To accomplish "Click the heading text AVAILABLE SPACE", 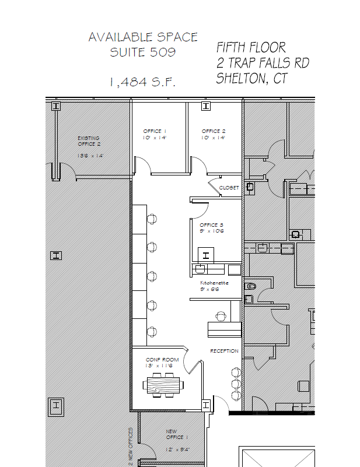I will (x=143, y=37).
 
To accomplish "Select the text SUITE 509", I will (x=143, y=52).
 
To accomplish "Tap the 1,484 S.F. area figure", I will (x=142, y=82).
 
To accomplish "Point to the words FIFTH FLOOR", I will (x=251, y=47).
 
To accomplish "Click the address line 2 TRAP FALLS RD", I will (x=263, y=62).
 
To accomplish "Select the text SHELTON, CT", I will (x=251, y=78).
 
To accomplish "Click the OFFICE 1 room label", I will (x=155, y=131).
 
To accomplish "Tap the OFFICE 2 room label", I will (x=214, y=131).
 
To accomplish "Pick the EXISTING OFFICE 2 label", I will (x=89, y=141).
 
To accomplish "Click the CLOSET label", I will (x=229, y=188).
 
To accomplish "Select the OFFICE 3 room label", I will (x=211, y=224).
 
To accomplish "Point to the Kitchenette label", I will (x=214, y=283).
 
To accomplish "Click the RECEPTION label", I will (x=224, y=351).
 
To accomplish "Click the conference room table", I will (x=163, y=384).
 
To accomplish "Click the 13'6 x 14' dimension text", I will (x=90, y=156).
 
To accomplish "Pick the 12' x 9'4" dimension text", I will (x=178, y=450).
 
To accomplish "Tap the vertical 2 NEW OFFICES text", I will (x=131, y=447).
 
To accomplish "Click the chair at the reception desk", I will (x=221, y=317).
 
